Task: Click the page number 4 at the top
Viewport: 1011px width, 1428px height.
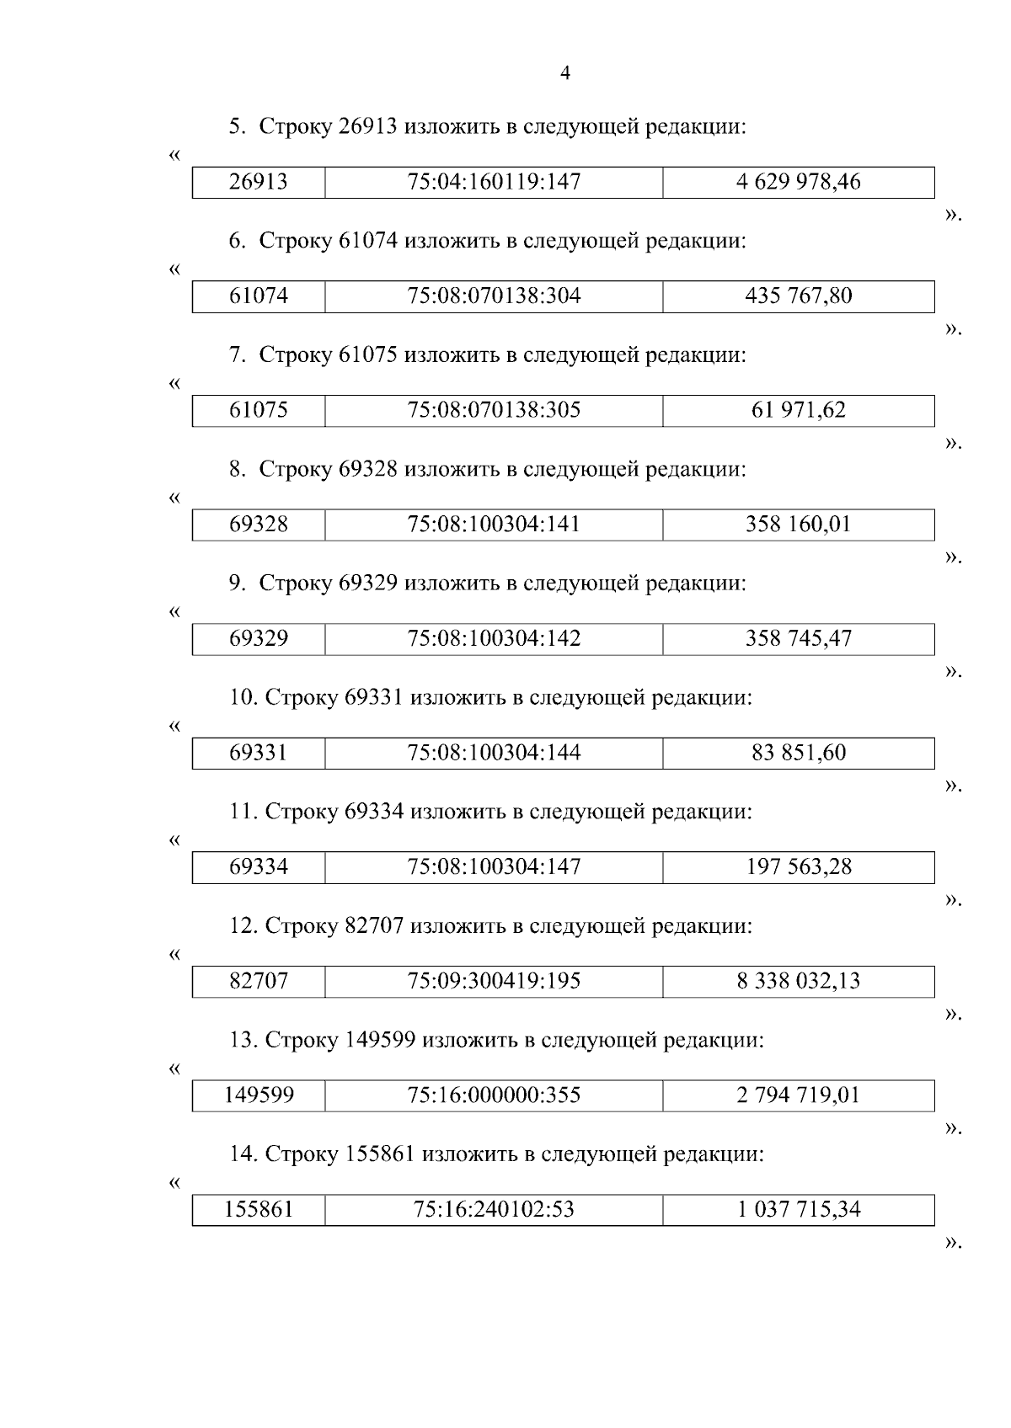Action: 565,74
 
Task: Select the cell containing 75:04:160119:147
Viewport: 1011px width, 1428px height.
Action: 494,182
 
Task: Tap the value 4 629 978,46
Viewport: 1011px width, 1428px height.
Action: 798,182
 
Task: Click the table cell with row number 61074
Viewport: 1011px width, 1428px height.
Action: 259,296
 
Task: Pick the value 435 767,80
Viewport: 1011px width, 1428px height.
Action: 798,296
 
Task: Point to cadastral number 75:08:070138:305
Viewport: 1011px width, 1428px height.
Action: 494,410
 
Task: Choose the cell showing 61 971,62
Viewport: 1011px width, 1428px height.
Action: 798,410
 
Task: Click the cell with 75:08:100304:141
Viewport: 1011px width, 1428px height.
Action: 494,525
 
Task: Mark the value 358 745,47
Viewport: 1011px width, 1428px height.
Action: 798,638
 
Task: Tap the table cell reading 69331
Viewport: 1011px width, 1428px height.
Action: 259,753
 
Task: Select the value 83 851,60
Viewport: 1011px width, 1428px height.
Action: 798,753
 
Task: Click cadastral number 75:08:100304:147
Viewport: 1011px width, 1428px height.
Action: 494,866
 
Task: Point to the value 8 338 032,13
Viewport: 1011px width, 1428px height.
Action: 798,981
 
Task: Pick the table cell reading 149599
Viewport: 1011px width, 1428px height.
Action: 259,1095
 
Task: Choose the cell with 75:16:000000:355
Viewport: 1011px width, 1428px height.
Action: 494,1095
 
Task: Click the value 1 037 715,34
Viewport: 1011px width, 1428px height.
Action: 798,1209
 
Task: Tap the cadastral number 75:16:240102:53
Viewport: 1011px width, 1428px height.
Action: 494,1209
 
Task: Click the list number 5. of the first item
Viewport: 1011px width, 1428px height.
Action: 238,127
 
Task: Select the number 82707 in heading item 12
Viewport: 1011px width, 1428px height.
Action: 374,926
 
